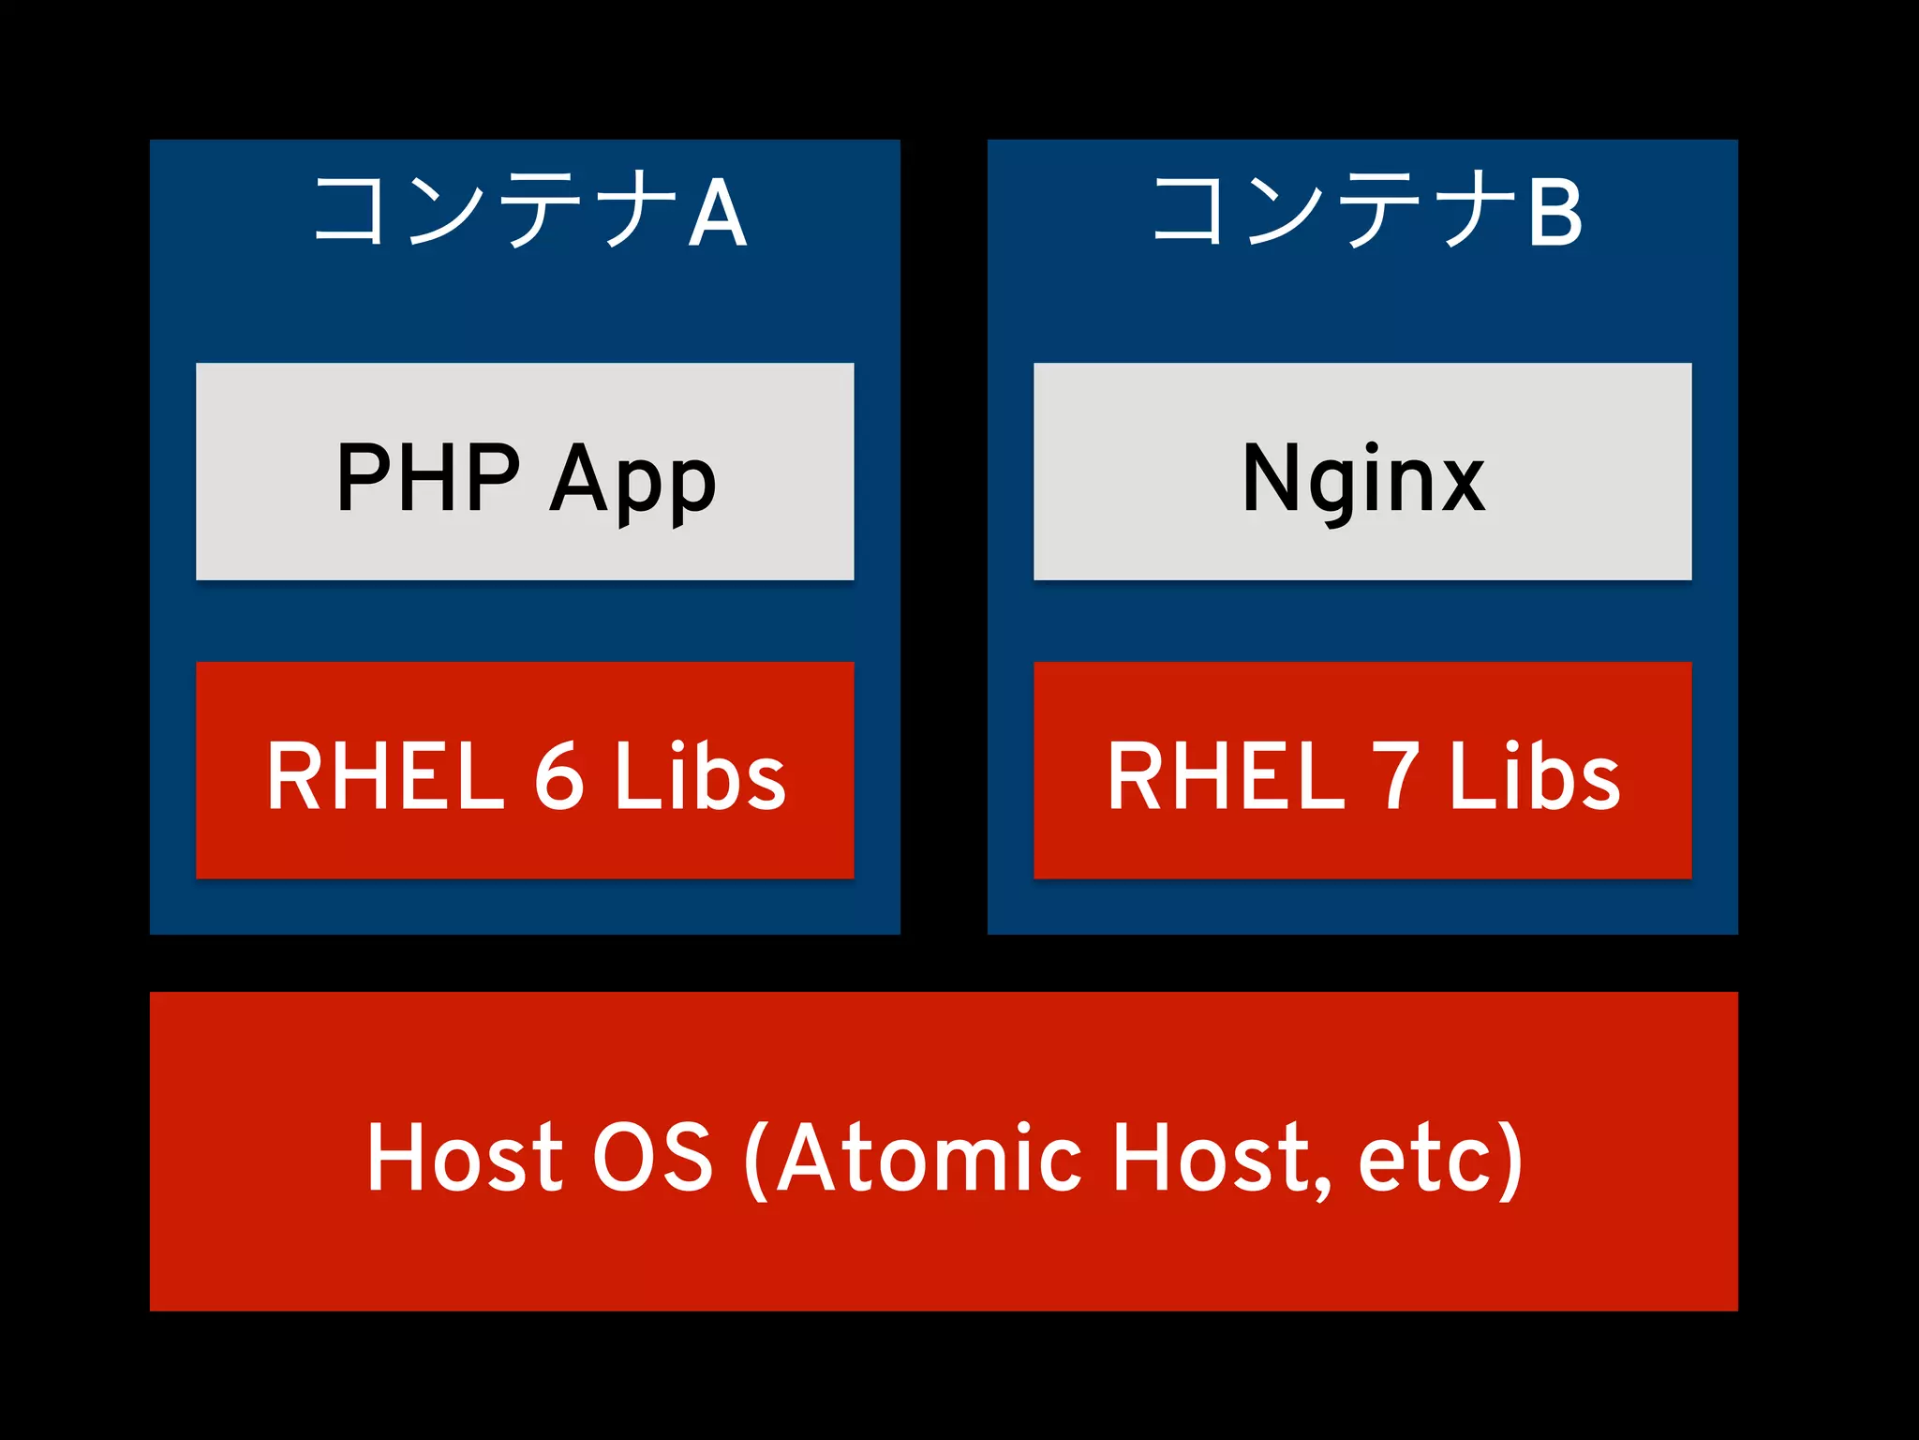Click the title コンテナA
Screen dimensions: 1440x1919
coord(529,210)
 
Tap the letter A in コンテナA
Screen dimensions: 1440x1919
coord(717,213)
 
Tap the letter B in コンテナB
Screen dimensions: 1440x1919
coord(1555,213)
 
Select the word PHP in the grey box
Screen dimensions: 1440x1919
coord(427,477)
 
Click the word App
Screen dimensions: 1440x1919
coord(632,480)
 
